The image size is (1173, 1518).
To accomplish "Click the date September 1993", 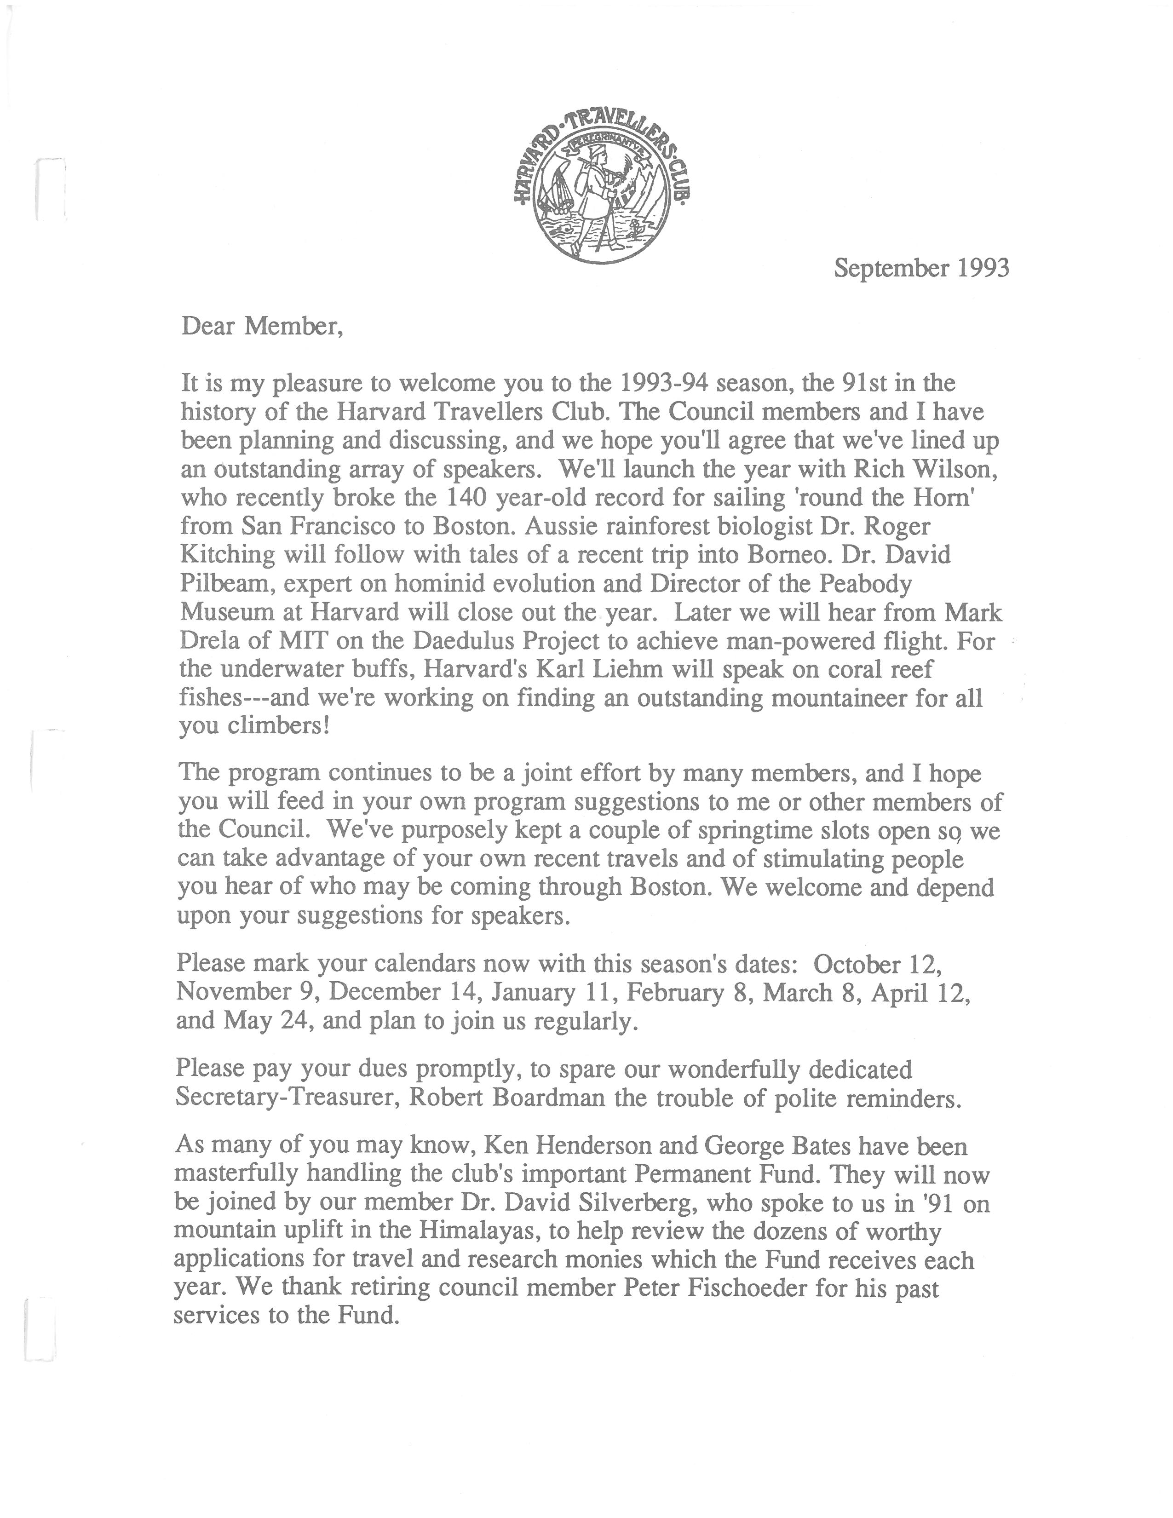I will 921,268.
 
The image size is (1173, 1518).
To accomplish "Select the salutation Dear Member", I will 262,326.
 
